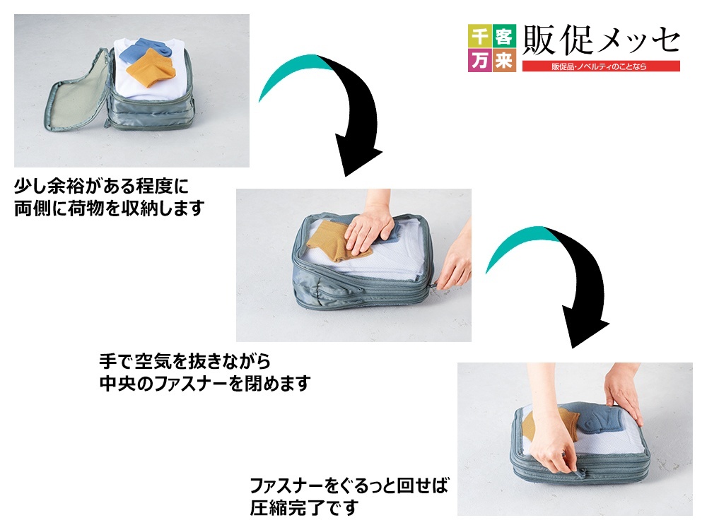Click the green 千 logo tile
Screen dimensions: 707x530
479,35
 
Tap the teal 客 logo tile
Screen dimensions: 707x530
503,35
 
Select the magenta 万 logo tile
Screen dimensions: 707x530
479,60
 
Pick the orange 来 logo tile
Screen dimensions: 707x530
503,60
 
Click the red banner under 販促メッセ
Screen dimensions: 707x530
601,66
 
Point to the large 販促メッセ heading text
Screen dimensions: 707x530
601,40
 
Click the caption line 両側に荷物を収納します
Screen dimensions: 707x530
110,208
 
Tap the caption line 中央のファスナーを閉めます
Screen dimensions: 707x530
205,383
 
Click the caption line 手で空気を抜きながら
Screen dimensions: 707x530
185,360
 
